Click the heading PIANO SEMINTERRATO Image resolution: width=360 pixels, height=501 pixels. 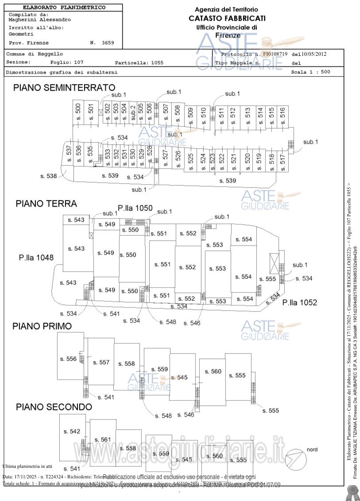click(x=64, y=88)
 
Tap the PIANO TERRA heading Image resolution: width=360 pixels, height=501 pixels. click(x=46, y=204)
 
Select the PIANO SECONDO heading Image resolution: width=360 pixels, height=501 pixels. click(x=54, y=407)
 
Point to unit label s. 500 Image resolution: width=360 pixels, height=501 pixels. click(x=78, y=109)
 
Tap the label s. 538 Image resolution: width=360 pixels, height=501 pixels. click(x=49, y=176)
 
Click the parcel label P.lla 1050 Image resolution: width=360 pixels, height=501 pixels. click(x=135, y=208)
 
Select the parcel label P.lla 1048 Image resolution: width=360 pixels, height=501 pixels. click(x=36, y=257)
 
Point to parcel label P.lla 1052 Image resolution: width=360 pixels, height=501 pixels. click(x=300, y=302)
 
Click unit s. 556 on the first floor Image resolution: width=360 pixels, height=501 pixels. click(x=68, y=359)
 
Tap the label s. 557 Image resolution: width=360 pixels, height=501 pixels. click(x=101, y=362)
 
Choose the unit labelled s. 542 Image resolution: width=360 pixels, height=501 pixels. click(x=72, y=432)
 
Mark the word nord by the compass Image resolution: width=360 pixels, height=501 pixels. click(x=312, y=450)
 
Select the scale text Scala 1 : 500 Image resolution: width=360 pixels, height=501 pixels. click(x=310, y=72)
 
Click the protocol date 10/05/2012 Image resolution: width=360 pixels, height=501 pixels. click(x=314, y=54)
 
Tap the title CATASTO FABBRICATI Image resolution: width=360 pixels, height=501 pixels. click(x=227, y=18)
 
